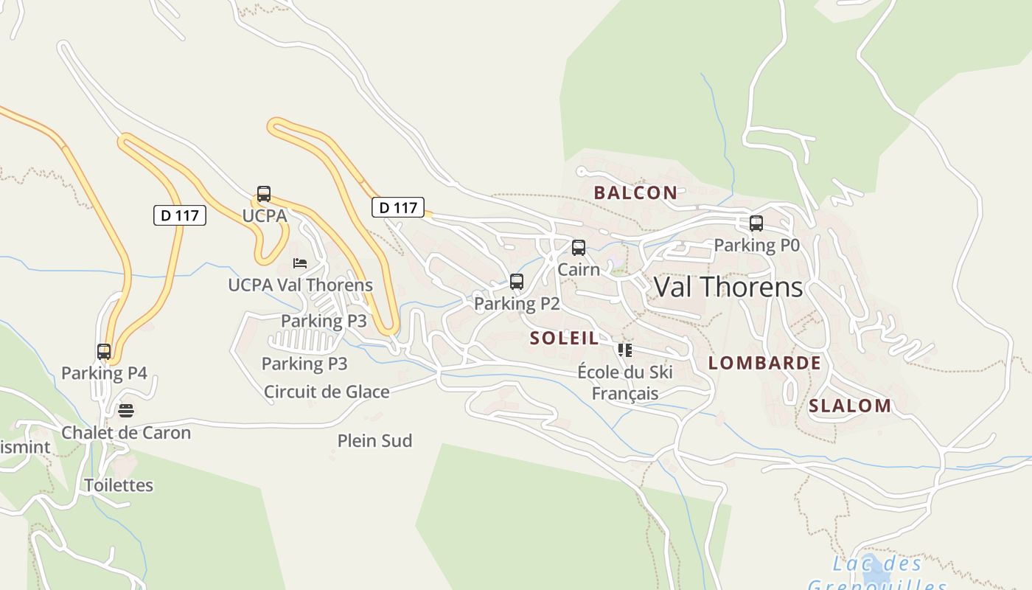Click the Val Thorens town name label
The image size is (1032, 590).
click(728, 287)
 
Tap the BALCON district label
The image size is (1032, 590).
click(635, 193)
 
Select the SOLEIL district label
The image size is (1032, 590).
click(564, 339)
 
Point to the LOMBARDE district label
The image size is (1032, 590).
click(764, 363)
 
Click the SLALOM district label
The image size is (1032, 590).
click(850, 406)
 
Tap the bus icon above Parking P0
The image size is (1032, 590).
click(756, 223)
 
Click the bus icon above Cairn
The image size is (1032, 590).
click(579, 248)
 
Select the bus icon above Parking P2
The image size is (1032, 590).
click(517, 282)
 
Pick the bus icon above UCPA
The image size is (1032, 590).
click(264, 195)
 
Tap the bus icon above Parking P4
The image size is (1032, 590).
click(104, 352)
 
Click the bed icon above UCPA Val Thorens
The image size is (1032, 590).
click(300, 263)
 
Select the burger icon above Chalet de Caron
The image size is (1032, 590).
click(126, 411)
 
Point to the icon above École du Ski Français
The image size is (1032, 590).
click(625, 350)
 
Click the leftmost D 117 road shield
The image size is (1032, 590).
click(180, 215)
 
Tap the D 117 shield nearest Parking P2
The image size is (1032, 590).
click(398, 208)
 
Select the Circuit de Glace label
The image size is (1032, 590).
click(327, 392)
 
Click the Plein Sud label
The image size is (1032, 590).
click(374, 441)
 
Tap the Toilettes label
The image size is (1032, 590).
click(119, 485)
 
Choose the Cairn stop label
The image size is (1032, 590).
click(579, 269)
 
